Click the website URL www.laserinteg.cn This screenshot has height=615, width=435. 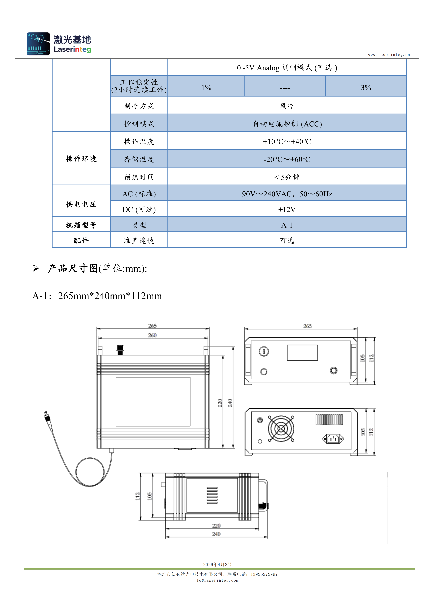click(x=389, y=55)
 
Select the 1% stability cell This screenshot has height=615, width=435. click(x=206, y=86)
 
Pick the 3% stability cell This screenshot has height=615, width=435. click(x=366, y=86)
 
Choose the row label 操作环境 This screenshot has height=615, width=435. click(x=81, y=159)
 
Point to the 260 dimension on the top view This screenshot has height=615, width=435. click(x=152, y=335)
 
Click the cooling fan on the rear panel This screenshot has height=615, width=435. click(x=281, y=429)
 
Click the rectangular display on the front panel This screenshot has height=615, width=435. click(x=302, y=353)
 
